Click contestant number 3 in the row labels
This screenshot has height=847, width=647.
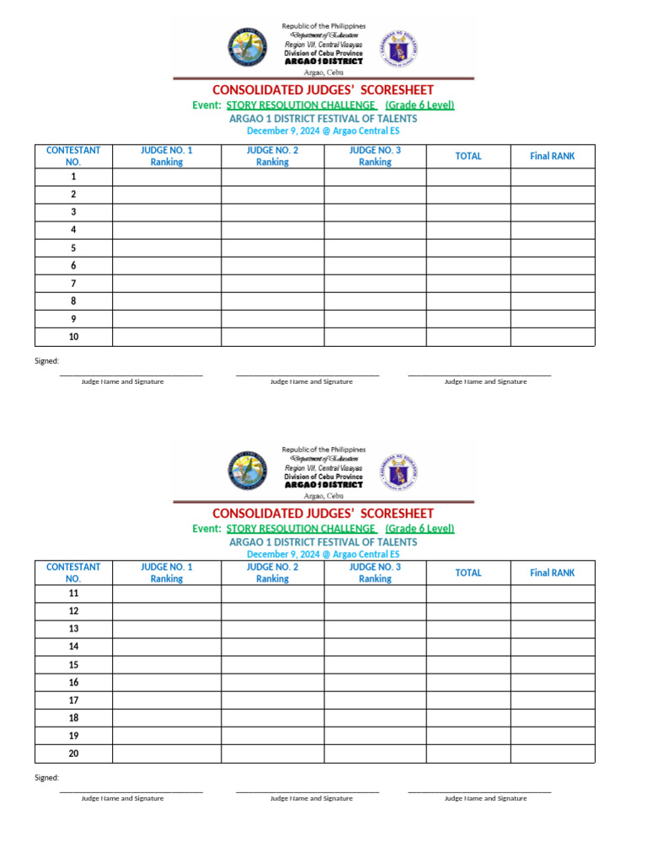(73, 212)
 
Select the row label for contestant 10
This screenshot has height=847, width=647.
(73, 337)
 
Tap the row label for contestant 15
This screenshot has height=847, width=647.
(73, 664)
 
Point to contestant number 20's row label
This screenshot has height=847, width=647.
(73, 754)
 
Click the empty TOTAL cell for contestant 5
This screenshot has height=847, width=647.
(468, 248)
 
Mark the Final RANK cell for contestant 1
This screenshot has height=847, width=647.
(552, 177)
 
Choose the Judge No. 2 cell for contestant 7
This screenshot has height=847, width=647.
(272, 284)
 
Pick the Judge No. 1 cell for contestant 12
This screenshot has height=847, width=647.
(166, 611)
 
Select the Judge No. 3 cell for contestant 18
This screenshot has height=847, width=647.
(375, 717)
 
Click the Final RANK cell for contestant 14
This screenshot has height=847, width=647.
(552, 647)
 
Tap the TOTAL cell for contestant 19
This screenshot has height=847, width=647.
(468, 735)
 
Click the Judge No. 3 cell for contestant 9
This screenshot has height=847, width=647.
(375, 319)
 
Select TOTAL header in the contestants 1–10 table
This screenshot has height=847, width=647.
(468, 156)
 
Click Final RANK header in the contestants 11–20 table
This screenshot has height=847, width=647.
(552, 573)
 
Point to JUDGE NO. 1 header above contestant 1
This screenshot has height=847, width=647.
(166, 156)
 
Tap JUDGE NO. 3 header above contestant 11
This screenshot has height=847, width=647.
(375, 573)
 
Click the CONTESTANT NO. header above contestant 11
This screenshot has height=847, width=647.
(73, 573)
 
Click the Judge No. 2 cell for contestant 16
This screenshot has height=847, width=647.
(272, 682)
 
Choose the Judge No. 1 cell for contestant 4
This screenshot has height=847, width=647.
(166, 230)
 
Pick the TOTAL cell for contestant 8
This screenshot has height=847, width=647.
(468, 301)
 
